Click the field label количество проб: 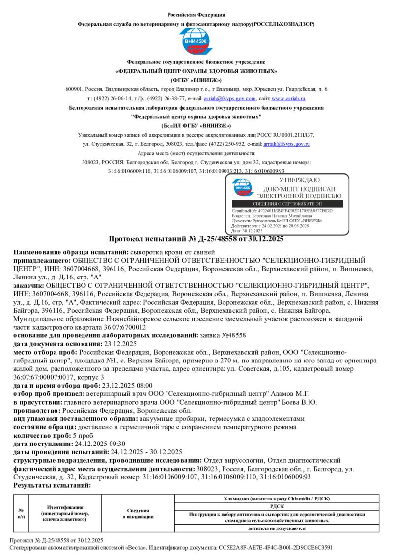click(42, 435)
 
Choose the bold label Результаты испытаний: click(52, 485)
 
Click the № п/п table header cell click(21, 513)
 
